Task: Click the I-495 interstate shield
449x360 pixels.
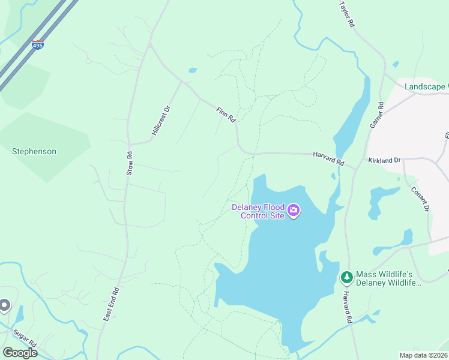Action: pyautogui.click(x=38, y=45)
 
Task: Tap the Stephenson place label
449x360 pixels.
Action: pyautogui.click(x=34, y=152)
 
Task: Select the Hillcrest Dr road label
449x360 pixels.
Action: pyautogui.click(x=161, y=121)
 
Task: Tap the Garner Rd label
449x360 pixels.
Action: pyautogui.click(x=376, y=113)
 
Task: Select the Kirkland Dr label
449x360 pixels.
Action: pyautogui.click(x=384, y=161)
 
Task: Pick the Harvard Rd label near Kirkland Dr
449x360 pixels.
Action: pyautogui.click(x=328, y=159)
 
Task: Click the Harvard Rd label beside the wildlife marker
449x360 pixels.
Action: pyautogui.click(x=347, y=304)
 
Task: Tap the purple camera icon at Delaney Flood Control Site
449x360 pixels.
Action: pyautogui.click(x=294, y=209)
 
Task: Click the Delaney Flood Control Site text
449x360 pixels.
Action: pyautogui.click(x=258, y=211)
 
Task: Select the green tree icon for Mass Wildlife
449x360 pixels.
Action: pyautogui.click(x=346, y=277)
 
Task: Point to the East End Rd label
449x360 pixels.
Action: pyautogui.click(x=112, y=303)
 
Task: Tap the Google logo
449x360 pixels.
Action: pyautogui.click(x=20, y=353)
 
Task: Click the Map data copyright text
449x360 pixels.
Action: pyautogui.click(x=423, y=355)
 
